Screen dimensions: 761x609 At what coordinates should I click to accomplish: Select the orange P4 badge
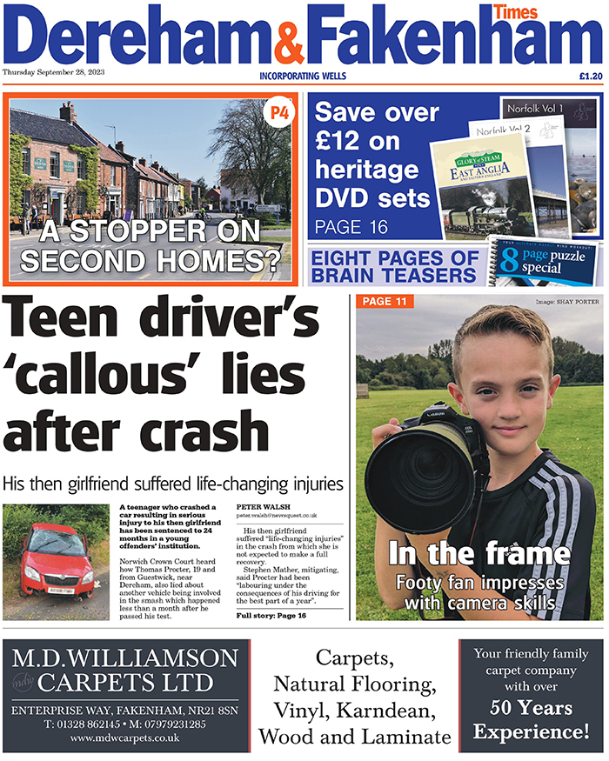pyautogui.click(x=278, y=113)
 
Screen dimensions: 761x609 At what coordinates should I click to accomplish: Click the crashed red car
pyautogui.click(x=57, y=564)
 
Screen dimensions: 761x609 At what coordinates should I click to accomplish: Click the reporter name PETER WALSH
pyautogui.click(x=264, y=505)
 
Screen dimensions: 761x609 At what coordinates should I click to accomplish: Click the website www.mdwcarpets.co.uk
pyautogui.click(x=125, y=738)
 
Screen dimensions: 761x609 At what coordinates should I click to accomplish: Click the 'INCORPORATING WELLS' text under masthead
pyautogui.click(x=303, y=77)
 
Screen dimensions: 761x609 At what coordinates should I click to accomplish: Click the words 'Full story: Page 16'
pyautogui.click(x=271, y=615)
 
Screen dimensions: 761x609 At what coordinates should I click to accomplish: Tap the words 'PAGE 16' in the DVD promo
pyautogui.click(x=351, y=227)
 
